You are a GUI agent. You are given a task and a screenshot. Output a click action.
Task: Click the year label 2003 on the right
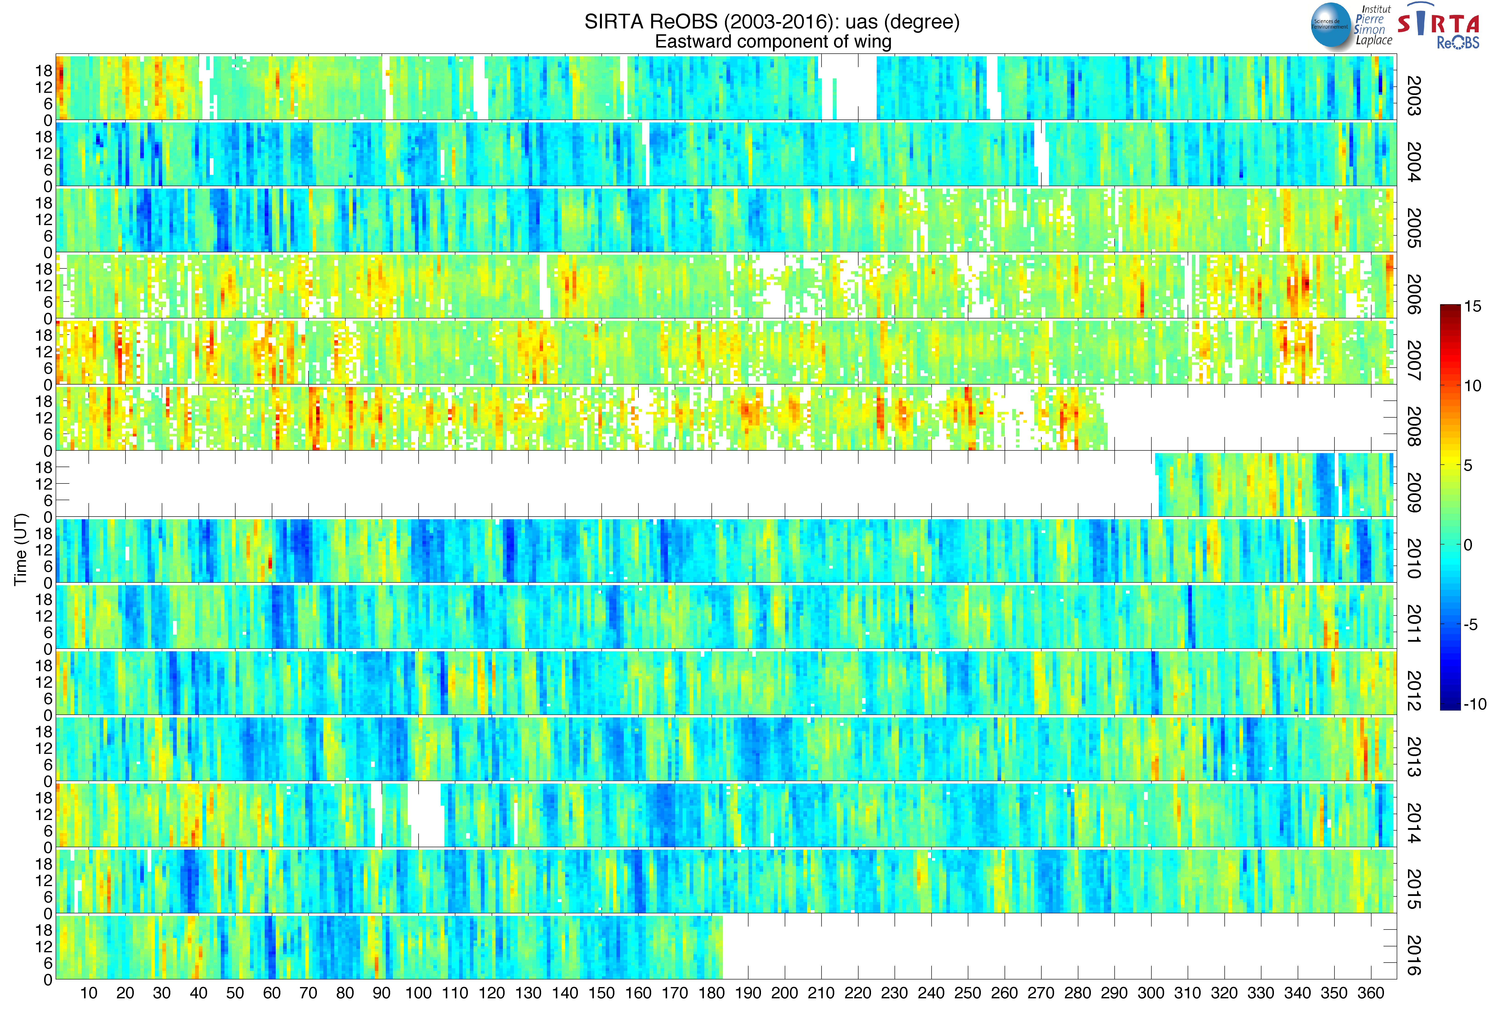1414,96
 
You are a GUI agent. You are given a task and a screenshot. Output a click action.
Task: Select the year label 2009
1414,493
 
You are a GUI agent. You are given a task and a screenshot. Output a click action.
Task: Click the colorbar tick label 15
1473,307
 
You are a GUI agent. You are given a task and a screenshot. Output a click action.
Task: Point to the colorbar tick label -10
1475,704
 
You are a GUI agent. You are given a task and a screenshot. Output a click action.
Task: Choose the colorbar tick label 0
1468,545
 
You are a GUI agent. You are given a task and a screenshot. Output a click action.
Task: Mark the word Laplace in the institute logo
1374,40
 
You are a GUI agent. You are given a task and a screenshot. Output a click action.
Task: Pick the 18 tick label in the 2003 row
44,71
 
